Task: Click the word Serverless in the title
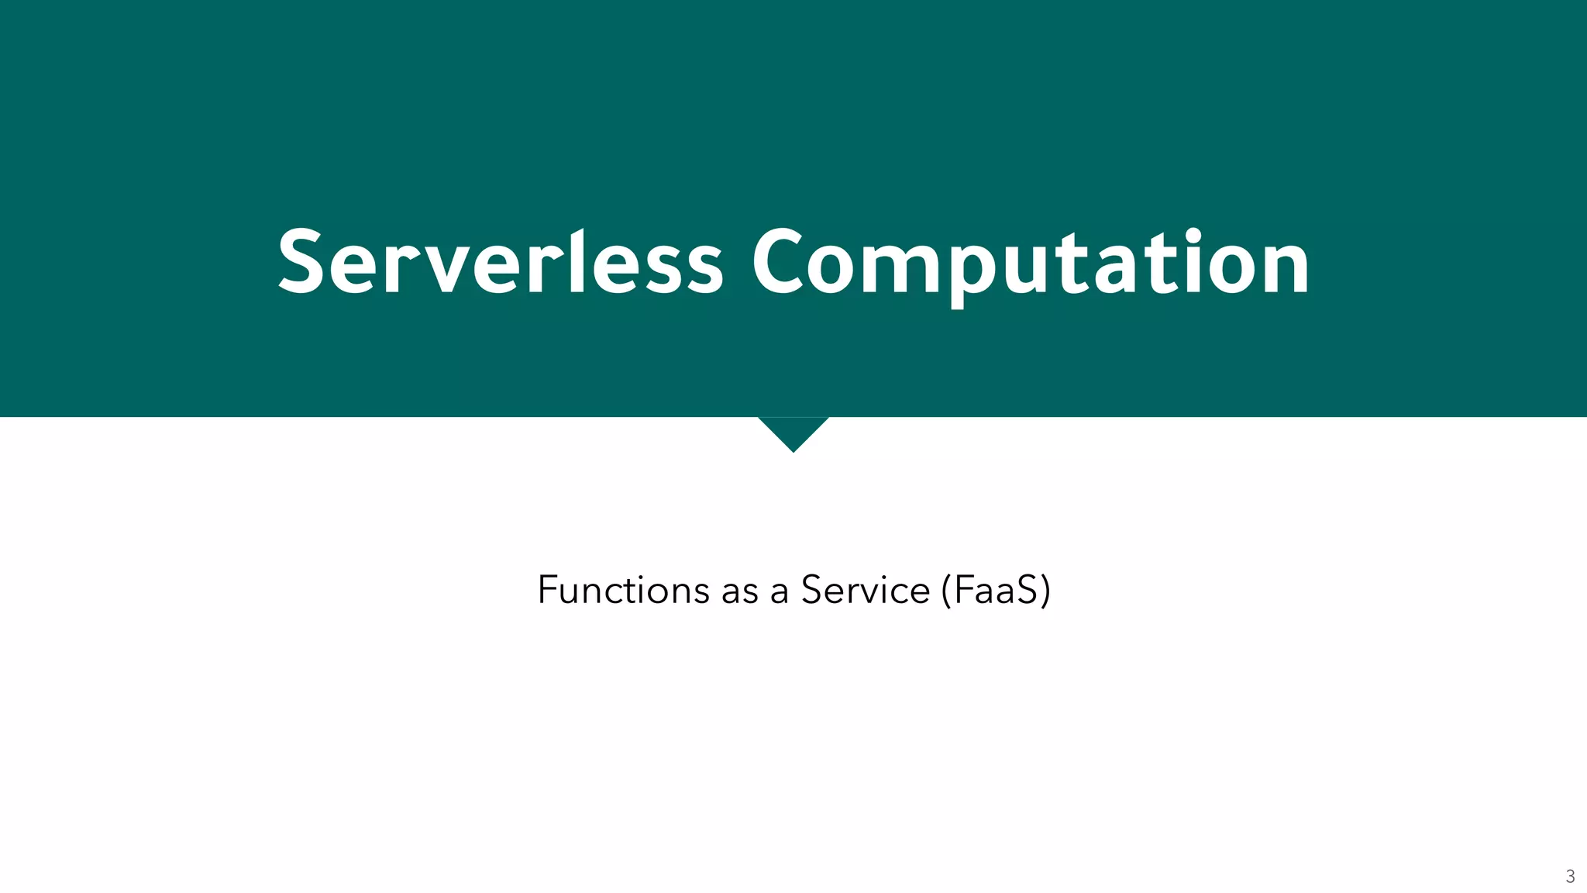click(501, 262)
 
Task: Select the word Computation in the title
click(1031, 262)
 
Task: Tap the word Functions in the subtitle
click(623, 590)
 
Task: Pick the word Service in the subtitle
click(865, 590)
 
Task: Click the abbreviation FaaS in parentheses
click(996, 590)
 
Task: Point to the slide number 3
click(1570, 877)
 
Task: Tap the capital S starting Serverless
click(301, 262)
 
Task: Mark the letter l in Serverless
click(577, 260)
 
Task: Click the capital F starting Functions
click(548, 590)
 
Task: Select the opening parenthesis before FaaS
click(946, 591)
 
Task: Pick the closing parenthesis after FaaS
click(1045, 591)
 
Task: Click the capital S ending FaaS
click(1026, 590)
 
